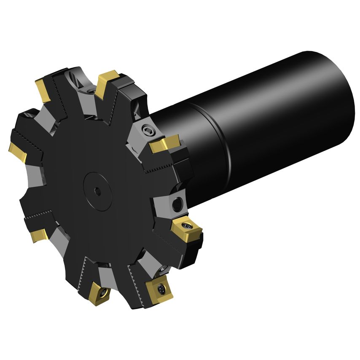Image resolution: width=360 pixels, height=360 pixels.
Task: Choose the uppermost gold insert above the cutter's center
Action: [x=106, y=82]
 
